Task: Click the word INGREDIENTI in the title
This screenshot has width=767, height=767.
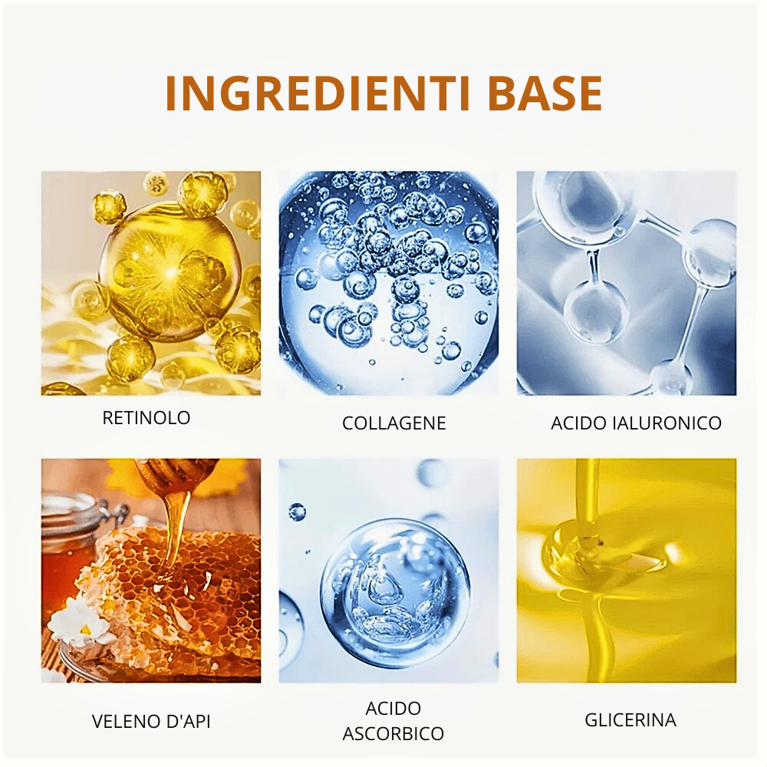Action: (318, 94)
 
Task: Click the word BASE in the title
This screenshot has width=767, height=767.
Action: (545, 94)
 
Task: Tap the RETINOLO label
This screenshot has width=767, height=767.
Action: (146, 418)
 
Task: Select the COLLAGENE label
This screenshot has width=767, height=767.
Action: (393, 423)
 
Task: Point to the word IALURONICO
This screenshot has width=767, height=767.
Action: (667, 423)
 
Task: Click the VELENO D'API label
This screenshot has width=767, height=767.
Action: (151, 722)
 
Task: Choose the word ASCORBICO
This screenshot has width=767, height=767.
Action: (393, 734)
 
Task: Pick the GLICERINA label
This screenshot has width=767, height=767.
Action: (630, 720)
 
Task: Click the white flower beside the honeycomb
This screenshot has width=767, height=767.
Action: (81, 621)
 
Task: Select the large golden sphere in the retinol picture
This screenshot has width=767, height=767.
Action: (170, 272)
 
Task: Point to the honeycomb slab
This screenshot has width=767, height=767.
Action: (171, 601)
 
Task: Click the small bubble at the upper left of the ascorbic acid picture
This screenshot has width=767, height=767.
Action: (297, 512)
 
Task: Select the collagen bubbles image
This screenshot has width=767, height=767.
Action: (389, 283)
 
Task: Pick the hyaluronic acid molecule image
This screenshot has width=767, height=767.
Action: (627, 283)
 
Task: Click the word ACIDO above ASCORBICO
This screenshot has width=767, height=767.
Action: (393, 708)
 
